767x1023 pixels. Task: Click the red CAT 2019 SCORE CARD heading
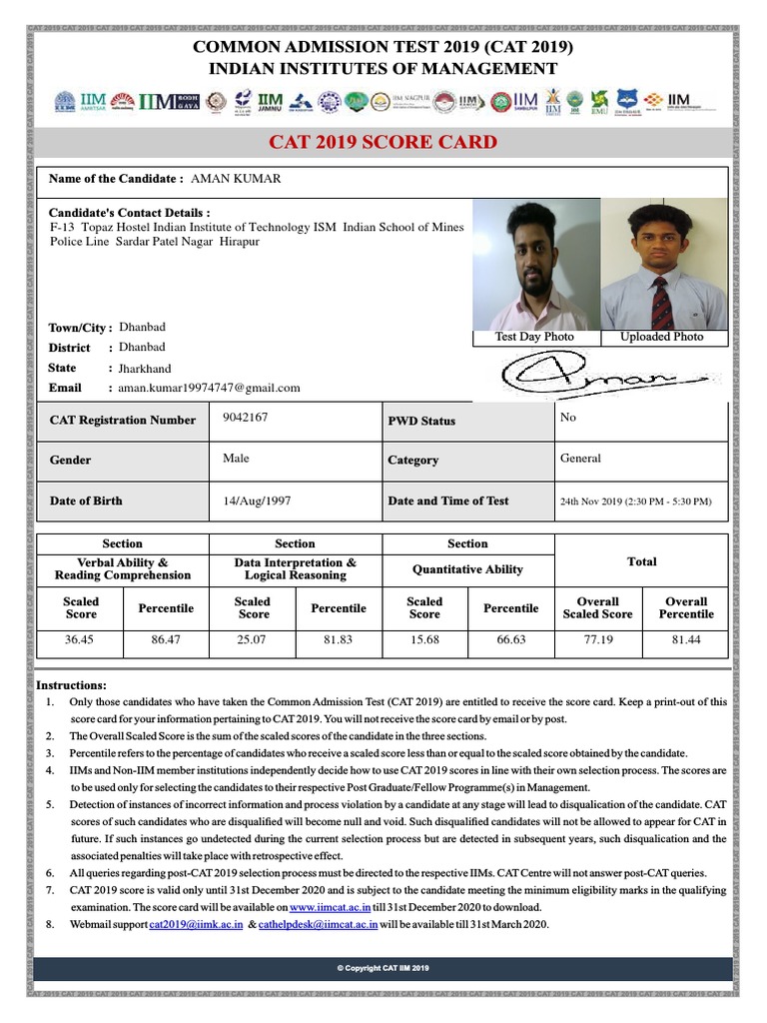coord(383,142)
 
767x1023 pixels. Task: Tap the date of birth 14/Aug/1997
coord(257,500)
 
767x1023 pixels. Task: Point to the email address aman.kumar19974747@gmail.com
coord(209,388)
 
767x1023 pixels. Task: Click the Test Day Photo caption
coord(534,337)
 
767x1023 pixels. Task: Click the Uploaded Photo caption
coord(661,337)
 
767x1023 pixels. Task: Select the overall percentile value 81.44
coord(686,638)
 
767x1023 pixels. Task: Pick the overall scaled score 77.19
coord(597,638)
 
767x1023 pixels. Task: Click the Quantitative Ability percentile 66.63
coord(510,638)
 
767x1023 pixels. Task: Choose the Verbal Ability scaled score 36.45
coord(80,638)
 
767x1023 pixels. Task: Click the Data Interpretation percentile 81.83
coord(338,638)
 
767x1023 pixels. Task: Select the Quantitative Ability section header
coord(467,569)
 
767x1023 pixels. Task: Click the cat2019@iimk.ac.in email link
coord(196,925)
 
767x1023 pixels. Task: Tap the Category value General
coord(580,459)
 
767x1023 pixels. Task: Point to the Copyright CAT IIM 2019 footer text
coord(383,969)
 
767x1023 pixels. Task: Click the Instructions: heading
coord(71,684)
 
